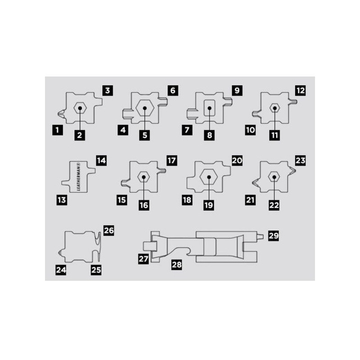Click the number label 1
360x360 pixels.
click(58, 130)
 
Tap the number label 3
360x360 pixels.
click(108, 90)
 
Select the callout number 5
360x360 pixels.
click(144, 135)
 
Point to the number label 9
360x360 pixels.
click(237, 90)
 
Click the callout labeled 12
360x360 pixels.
click(301, 90)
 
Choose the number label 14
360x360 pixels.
click(101, 160)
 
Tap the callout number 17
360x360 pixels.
click(171, 160)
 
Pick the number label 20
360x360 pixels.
click(237, 160)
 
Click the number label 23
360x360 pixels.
click(301, 160)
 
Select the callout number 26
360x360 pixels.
click(108, 230)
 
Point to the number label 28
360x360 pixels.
click(176, 265)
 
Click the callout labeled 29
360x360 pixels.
click(274, 235)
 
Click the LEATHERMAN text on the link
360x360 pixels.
click(78, 177)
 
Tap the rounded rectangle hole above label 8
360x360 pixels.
click(210, 108)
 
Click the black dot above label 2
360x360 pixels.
click(80, 108)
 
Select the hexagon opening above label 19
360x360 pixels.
click(209, 177)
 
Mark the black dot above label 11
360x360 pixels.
click(274, 108)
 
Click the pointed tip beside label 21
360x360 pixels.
click(253, 183)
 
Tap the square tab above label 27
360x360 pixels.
click(150, 246)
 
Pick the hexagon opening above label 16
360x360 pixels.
click(144, 177)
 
